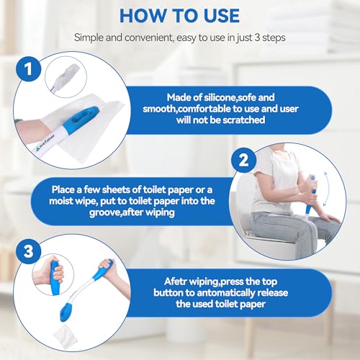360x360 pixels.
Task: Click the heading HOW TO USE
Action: click(179, 14)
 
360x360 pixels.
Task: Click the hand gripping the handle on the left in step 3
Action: click(50, 274)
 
